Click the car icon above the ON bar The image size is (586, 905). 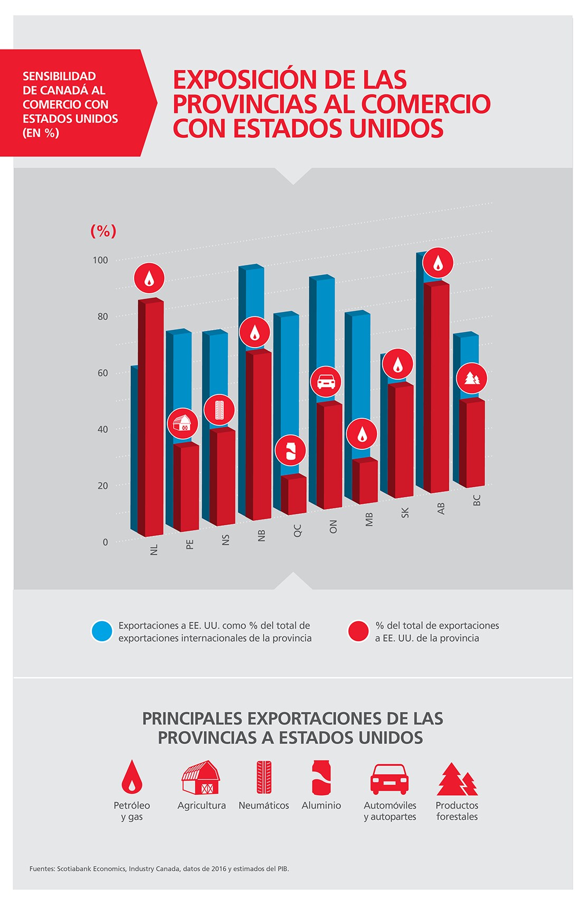[326, 381]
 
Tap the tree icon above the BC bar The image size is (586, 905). [471, 378]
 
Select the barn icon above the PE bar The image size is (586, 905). [183, 423]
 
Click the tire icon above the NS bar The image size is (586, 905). [219, 410]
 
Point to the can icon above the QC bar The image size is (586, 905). [290, 450]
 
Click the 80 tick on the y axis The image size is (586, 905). [102, 316]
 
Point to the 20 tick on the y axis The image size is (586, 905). [102, 486]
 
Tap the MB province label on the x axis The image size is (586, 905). [369, 519]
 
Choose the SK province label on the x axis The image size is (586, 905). [405, 512]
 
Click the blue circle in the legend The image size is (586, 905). [102, 631]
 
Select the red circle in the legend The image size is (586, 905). [358, 631]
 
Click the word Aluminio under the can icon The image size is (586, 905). [321, 805]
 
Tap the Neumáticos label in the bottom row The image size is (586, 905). [263, 805]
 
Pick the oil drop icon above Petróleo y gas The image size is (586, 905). [132, 777]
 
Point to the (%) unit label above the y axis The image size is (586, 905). [103, 230]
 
